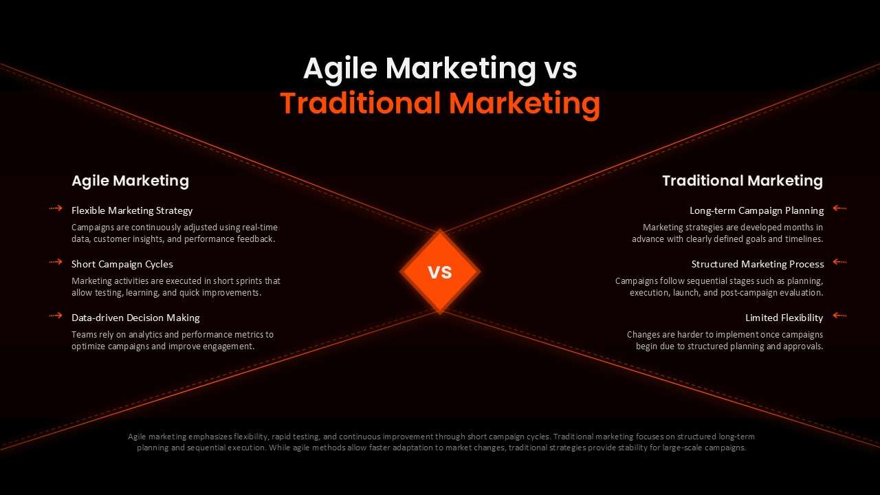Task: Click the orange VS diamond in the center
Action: click(440, 272)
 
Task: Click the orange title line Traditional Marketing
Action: click(440, 104)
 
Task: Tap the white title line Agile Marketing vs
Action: click(440, 69)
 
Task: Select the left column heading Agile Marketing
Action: click(130, 181)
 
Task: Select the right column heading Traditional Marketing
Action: click(742, 181)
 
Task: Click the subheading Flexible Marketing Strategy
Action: click(132, 210)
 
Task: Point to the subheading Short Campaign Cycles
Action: click(122, 264)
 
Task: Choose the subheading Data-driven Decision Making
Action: click(135, 318)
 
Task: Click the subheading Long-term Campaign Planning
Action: click(756, 210)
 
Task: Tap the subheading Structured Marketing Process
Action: click(758, 264)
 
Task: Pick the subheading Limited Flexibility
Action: click(784, 318)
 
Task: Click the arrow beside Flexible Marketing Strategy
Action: click(56, 208)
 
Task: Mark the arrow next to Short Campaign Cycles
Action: click(56, 262)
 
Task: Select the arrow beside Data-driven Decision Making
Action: click(56, 316)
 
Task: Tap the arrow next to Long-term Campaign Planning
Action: click(839, 208)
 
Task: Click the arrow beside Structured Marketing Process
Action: click(839, 262)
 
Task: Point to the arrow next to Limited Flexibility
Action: click(839, 316)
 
